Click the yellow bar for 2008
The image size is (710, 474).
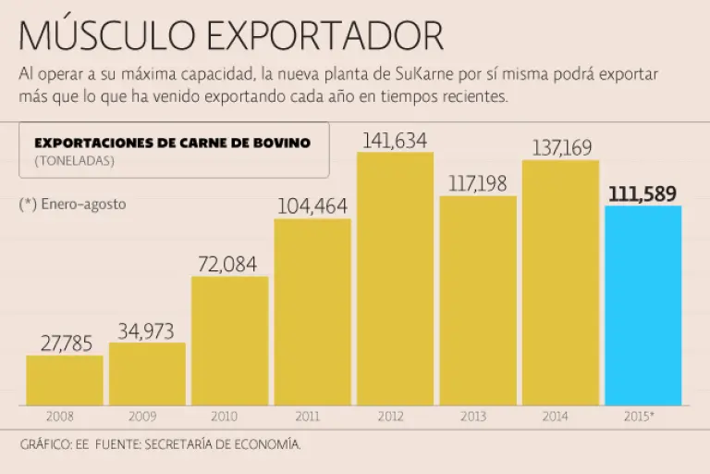[64, 380]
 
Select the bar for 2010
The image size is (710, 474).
[229, 341]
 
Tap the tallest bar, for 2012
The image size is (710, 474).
[395, 278]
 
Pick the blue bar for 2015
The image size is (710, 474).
[643, 305]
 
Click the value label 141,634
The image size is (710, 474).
[395, 141]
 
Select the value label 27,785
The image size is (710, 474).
[65, 343]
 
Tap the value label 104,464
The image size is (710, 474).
[312, 206]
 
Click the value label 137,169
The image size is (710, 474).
[561, 148]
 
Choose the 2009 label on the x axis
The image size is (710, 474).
[147, 418]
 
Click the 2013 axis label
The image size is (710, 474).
[478, 418]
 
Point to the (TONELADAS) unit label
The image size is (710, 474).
[74, 160]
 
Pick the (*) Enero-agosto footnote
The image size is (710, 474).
[72, 205]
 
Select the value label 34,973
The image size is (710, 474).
[147, 331]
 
